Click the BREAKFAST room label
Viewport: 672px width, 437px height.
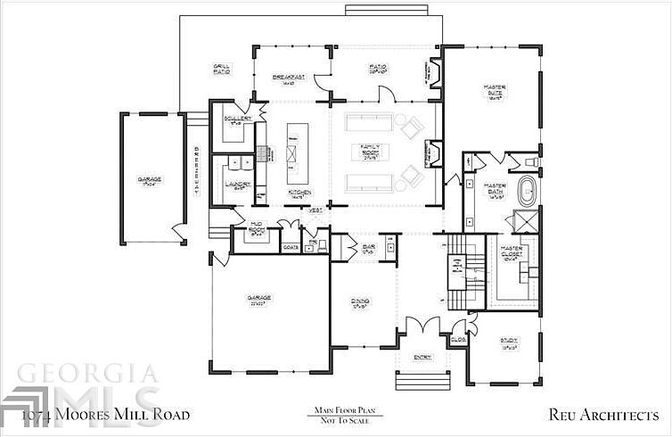[x=289, y=78]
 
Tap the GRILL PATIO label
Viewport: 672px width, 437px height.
[x=222, y=69]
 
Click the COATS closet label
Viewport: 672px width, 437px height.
[x=290, y=246]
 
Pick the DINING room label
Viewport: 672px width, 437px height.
[x=360, y=302]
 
